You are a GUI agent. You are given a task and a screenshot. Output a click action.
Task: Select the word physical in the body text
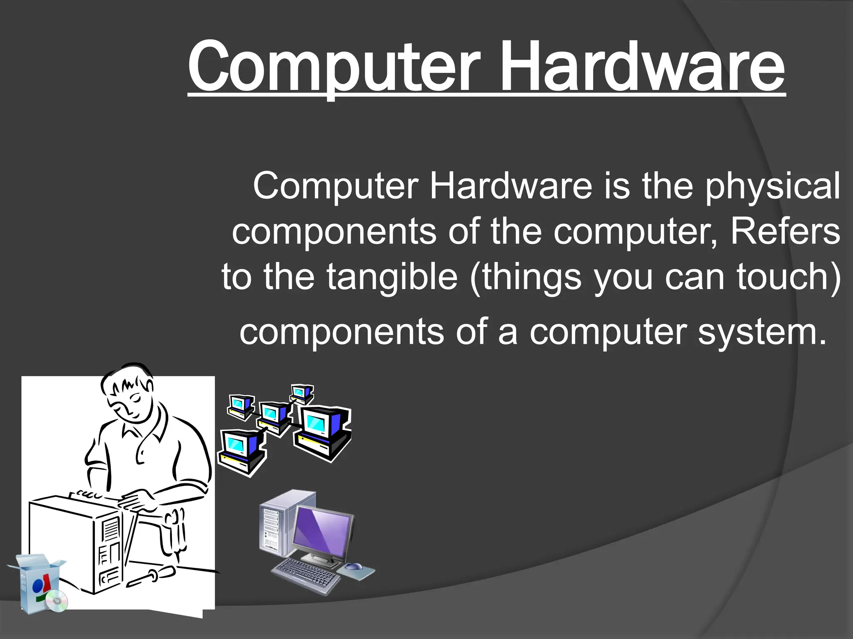point(773,186)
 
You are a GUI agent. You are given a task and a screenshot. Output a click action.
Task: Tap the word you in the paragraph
point(623,278)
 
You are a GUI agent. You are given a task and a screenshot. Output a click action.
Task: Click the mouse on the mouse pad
point(354,566)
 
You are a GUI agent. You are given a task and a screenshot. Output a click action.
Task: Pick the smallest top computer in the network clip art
point(301,393)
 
